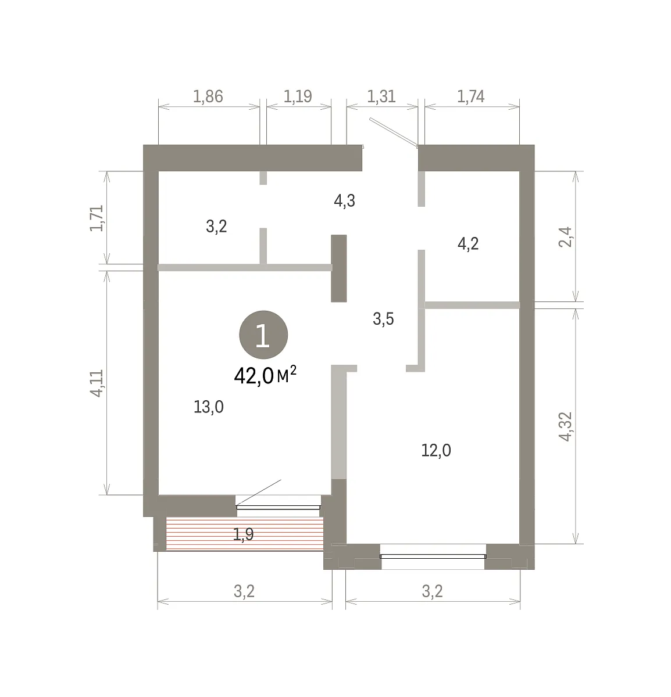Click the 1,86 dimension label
(x=208, y=96)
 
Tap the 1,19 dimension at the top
(x=298, y=96)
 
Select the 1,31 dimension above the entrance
(x=381, y=96)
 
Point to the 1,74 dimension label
(x=471, y=96)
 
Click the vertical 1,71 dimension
(x=97, y=218)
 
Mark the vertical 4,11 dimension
(x=97, y=383)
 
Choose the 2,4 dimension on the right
(x=565, y=237)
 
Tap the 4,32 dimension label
(x=565, y=427)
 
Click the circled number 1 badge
(x=263, y=335)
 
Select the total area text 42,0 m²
(x=265, y=375)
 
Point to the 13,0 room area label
(x=209, y=407)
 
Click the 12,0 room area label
(x=436, y=450)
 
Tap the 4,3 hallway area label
(x=345, y=201)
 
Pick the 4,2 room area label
(x=468, y=244)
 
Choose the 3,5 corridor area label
(x=383, y=319)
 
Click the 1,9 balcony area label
(x=243, y=534)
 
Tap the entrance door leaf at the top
(x=394, y=132)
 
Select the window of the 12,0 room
(x=433, y=556)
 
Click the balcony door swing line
(x=259, y=492)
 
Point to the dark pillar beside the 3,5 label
(x=338, y=268)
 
